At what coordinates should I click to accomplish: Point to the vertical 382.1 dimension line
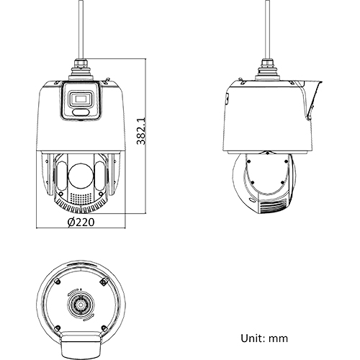(x=148, y=137)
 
